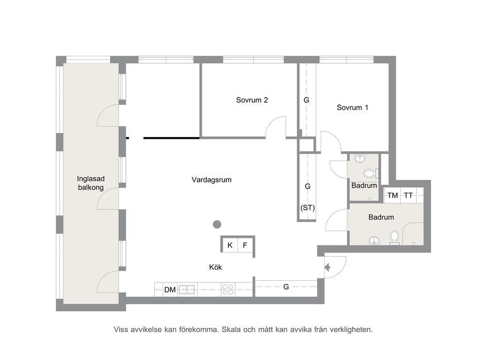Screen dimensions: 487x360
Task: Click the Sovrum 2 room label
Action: [252, 100]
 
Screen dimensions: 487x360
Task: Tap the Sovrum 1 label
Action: [352, 107]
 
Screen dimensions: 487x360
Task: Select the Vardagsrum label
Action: [212, 179]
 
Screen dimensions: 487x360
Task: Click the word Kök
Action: [216, 267]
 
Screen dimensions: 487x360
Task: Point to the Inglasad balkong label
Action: [91, 183]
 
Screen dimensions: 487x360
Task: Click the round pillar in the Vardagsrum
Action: [217, 224]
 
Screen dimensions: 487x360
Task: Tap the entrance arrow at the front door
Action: [327, 267]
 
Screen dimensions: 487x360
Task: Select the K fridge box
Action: [230, 245]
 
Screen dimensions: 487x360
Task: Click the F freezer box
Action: [245, 245]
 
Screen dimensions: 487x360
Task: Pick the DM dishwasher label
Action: [170, 290]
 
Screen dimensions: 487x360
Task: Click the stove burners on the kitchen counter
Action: [228, 290]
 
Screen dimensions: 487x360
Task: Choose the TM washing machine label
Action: [393, 196]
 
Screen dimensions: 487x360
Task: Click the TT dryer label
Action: [408, 196]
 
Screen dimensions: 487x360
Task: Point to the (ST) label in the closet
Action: [307, 207]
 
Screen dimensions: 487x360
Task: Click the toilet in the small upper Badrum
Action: [370, 173]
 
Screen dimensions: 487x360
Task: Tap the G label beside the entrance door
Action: [286, 287]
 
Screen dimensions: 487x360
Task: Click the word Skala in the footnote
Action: [231, 330]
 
